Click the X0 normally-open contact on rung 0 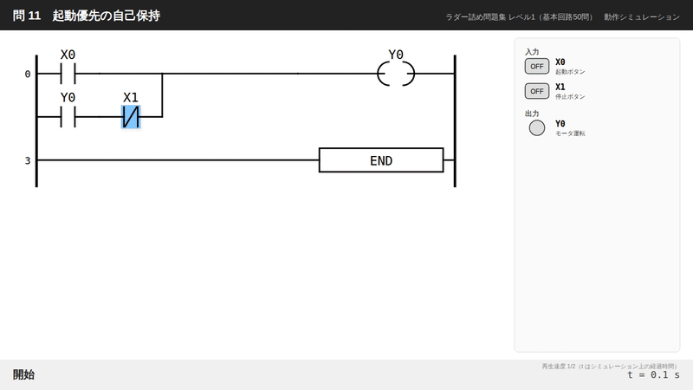click(x=68, y=74)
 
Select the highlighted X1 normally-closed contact click(x=131, y=117)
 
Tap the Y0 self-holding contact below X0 click(x=68, y=117)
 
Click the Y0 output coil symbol click(x=396, y=74)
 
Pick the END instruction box click(x=381, y=160)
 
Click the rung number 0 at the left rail click(x=28, y=75)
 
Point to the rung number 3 click(x=28, y=160)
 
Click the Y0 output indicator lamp click(x=537, y=127)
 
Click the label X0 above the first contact click(x=68, y=55)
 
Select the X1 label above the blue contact click(x=131, y=97)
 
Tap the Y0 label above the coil click(x=396, y=55)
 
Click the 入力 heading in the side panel click(x=532, y=52)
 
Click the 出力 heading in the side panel click(x=532, y=114)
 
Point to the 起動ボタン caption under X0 click(x=570, y=72)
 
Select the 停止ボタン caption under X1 click(x=570, y=96)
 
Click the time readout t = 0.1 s click(x=654, y=375)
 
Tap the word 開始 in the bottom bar click(x=23, y=374)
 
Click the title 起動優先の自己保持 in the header click(x=106, y=16)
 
